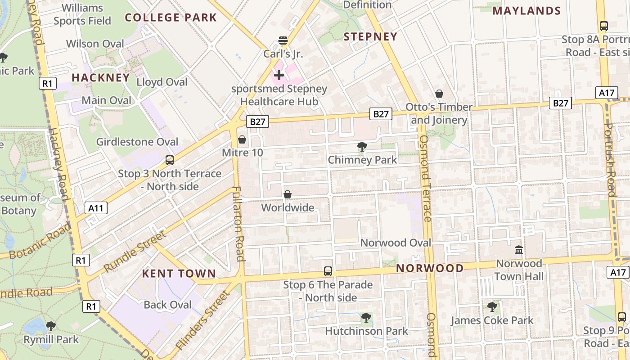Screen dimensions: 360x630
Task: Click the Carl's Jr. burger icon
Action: tap(283, 40)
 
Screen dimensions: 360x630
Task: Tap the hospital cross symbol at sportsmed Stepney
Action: tap(279, 75)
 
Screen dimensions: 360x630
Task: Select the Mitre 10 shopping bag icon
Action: tap(242, 139)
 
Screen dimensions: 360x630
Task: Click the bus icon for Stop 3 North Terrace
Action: tap(170, 160)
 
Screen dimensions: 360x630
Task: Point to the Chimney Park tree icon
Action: tap(362, 146)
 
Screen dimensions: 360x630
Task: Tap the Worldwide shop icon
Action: tap(288, 194)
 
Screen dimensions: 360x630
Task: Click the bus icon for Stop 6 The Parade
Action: tap(328, 271)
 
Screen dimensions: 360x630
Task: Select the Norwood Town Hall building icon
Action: tap(519, 250)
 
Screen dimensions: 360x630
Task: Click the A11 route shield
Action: tap(96, 208)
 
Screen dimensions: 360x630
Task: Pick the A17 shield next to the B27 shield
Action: tap(607, 93)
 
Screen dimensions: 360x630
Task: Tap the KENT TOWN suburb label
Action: tap(179, 274)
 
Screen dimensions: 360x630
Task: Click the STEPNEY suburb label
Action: tap(370, 37)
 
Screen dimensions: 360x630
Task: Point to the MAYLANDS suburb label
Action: tap(526, 11)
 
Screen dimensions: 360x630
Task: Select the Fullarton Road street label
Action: tap(238, 223)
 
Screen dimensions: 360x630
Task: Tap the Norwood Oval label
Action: tap(396, 243)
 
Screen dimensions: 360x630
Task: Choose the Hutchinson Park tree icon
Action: tap(366, 318)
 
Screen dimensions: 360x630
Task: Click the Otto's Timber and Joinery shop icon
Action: tap(439, 94)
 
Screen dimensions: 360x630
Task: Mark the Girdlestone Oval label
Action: tap(137, 142)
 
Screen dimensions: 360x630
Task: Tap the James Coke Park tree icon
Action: tap(492, 307)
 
